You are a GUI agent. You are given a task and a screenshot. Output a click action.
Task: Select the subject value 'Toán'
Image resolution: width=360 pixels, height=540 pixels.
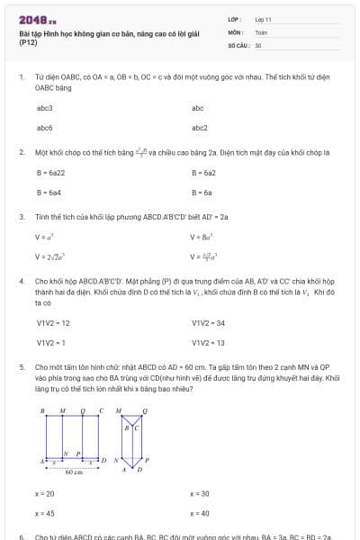coord(261,31)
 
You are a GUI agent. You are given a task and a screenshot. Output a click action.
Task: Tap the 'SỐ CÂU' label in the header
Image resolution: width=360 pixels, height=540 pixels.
coord(237,44)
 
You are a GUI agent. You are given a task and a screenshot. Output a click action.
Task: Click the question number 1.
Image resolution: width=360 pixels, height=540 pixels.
coord(21,77)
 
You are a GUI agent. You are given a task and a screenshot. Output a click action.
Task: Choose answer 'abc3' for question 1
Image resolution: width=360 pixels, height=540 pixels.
coord(45,108)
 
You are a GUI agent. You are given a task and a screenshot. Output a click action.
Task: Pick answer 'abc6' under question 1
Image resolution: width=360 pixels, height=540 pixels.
coord(45,128)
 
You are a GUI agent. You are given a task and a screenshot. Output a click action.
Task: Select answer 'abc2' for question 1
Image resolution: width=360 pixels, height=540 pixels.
coord(200,128)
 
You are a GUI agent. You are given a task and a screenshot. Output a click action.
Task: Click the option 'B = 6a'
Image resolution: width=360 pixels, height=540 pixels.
coord(202,192)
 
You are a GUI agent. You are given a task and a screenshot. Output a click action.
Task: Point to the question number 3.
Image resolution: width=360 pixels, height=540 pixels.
coord(21,217)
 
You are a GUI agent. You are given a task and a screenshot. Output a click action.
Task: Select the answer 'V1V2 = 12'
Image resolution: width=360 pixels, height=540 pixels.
coord(53,322)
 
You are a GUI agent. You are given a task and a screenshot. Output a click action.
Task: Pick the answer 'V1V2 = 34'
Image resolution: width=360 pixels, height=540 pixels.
coord(208,322)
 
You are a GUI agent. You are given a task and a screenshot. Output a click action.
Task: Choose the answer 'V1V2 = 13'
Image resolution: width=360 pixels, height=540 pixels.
coord(208,343)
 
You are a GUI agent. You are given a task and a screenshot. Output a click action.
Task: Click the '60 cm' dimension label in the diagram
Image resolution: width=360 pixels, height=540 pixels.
coord(74,472)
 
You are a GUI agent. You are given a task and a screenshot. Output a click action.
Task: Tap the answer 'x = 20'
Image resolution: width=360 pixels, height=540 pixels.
coord(45,493)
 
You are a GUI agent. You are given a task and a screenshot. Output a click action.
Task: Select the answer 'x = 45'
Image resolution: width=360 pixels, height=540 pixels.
coord(45,513)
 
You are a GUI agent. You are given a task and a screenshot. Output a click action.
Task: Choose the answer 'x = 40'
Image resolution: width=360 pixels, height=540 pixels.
coord(200,513)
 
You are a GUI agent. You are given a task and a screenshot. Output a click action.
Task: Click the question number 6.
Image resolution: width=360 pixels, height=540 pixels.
coord(21,536)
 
